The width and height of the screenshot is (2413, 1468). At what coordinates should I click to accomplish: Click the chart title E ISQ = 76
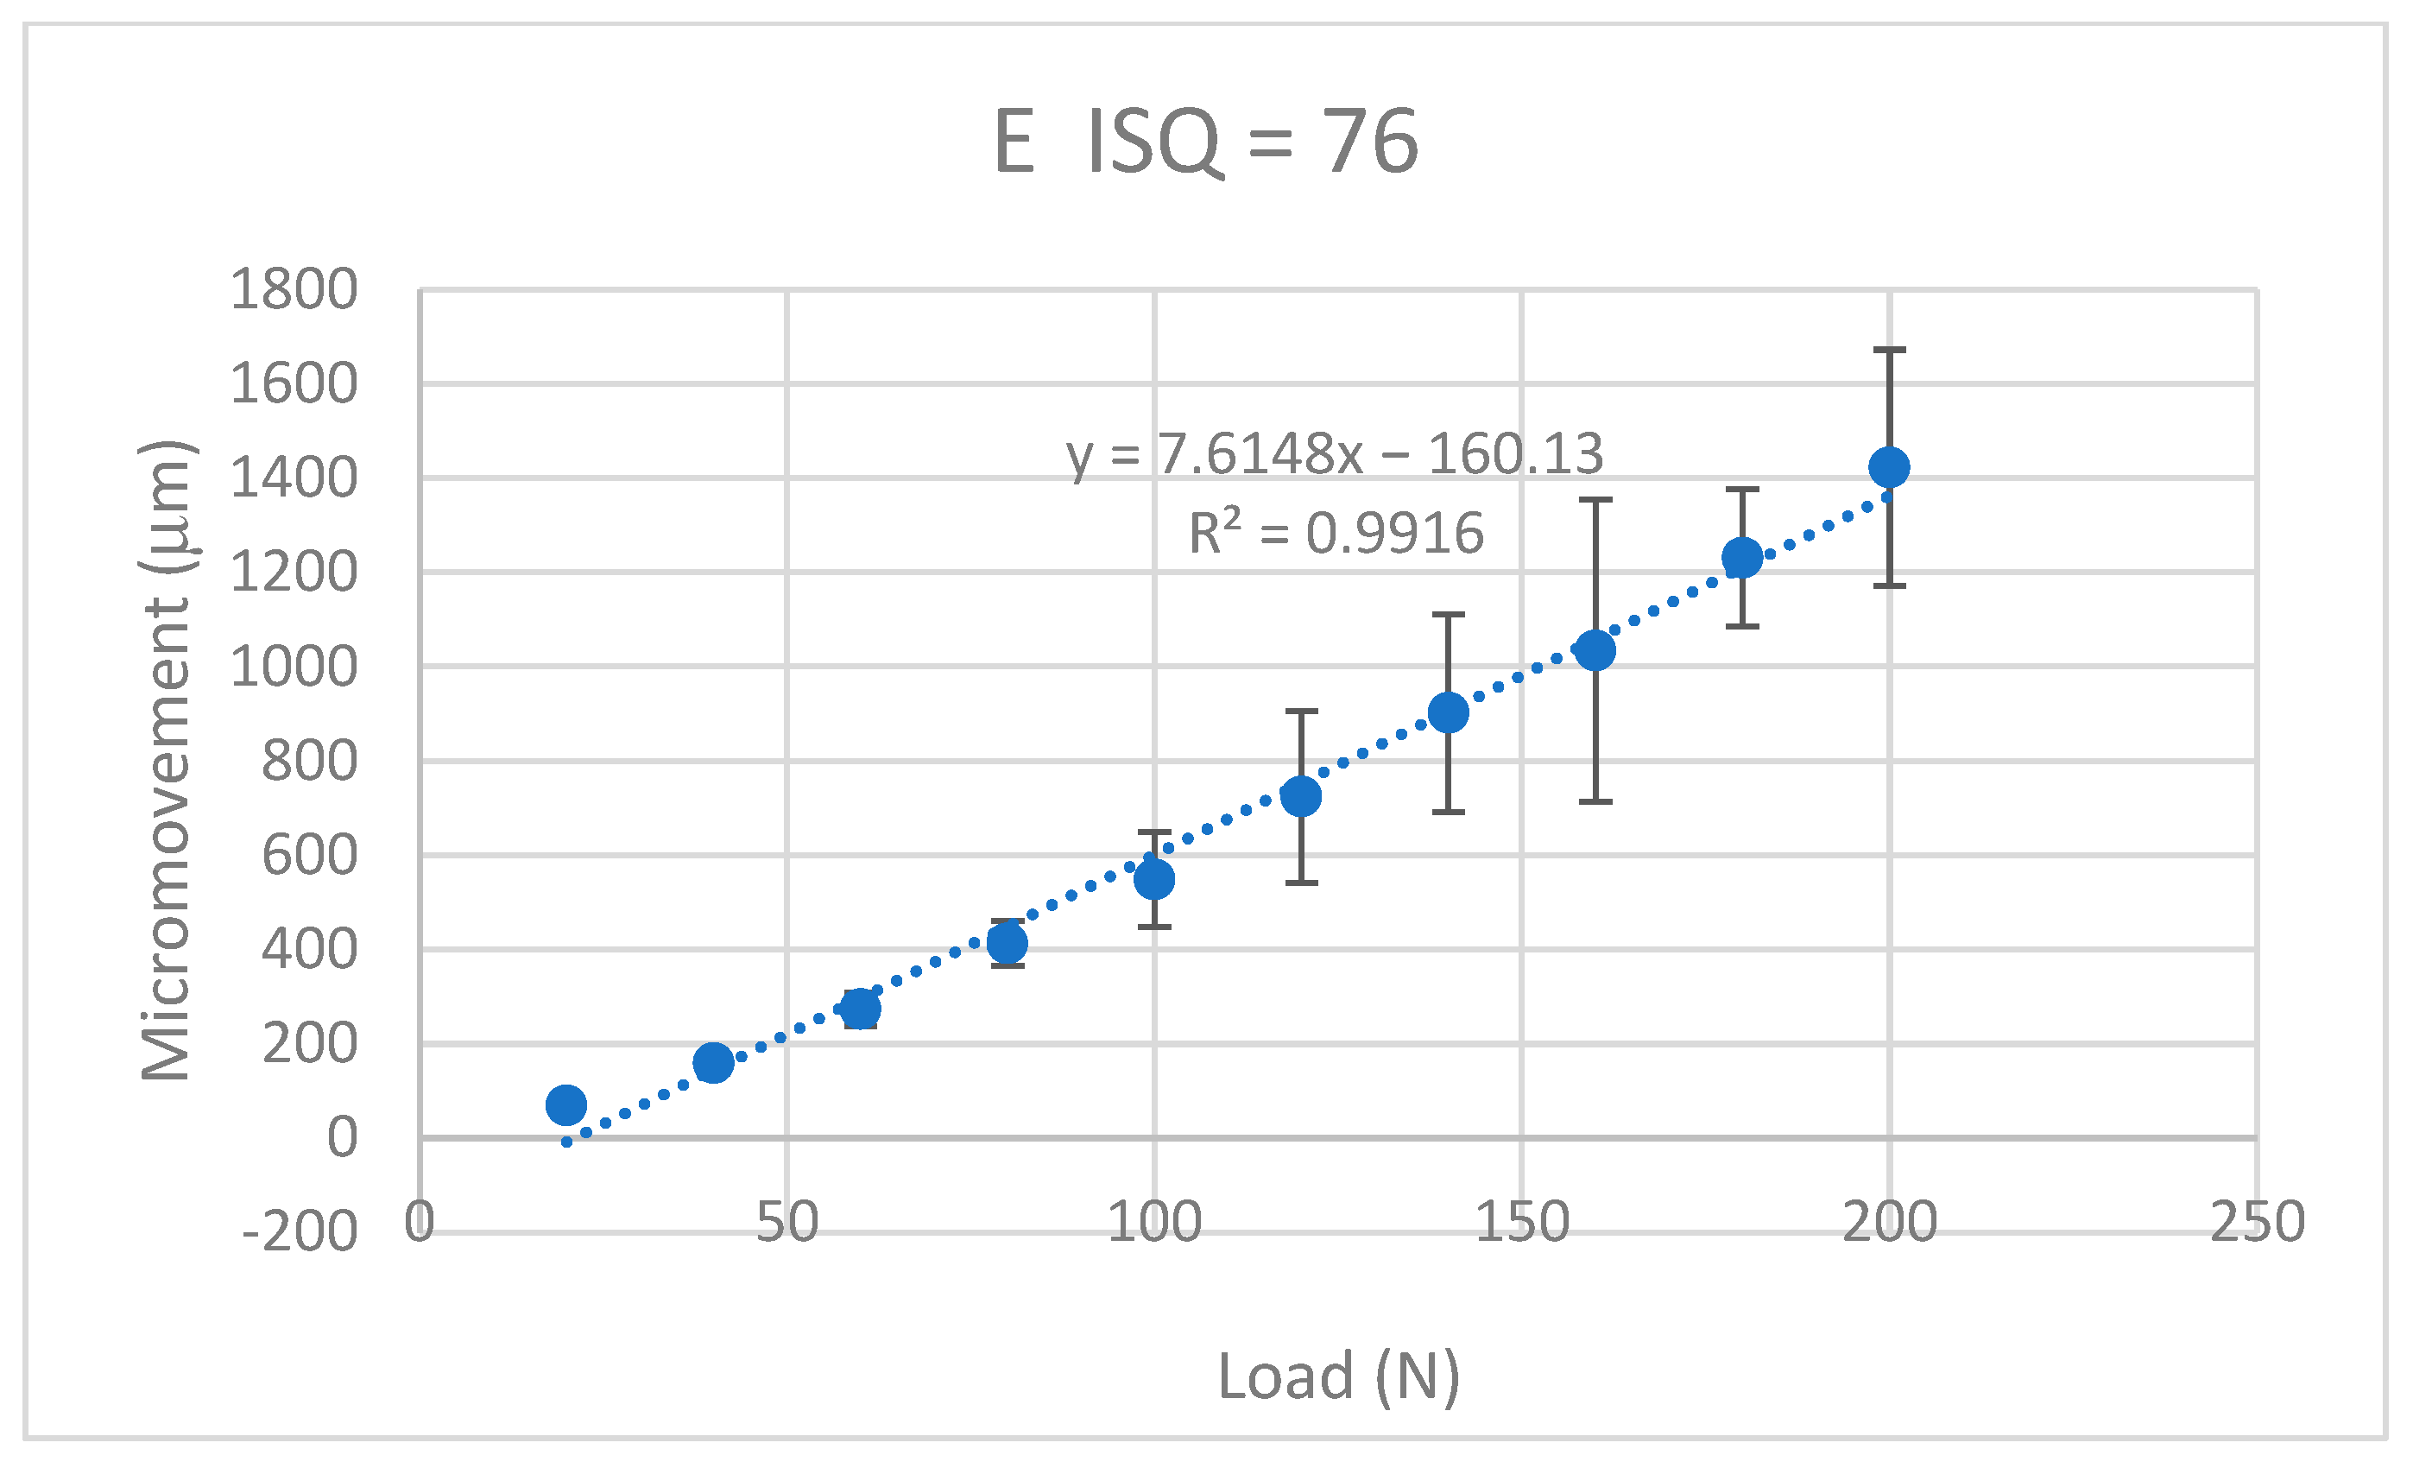1205,141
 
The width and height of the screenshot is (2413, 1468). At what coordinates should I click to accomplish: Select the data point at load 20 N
566,1104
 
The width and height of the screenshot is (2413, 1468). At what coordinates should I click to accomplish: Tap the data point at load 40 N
713,1062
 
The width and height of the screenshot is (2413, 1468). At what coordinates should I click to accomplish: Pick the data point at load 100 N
1154,878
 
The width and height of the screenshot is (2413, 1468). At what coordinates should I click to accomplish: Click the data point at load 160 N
1595,650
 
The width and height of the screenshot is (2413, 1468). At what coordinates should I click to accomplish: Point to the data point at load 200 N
1889,467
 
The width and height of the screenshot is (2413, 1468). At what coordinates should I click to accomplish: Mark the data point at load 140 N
1449,713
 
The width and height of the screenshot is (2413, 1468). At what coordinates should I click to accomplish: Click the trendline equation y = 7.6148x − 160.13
1335,453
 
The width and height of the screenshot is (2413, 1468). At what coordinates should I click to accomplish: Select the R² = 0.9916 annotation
1336,534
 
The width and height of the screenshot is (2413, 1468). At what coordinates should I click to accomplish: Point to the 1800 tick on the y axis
294,290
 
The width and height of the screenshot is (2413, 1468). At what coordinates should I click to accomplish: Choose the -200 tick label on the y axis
300,1233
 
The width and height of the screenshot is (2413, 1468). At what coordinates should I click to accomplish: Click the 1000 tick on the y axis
294,667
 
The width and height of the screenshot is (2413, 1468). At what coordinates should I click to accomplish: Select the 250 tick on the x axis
2258,1222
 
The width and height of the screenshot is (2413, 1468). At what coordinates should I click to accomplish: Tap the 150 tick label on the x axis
1522,1222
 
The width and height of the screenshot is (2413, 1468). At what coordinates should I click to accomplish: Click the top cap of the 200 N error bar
1889,350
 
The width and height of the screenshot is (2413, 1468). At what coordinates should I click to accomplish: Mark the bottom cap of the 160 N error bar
1595,801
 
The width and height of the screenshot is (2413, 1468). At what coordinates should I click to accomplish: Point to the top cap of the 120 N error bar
1302,711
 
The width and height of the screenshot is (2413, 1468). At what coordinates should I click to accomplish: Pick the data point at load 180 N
1742,558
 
